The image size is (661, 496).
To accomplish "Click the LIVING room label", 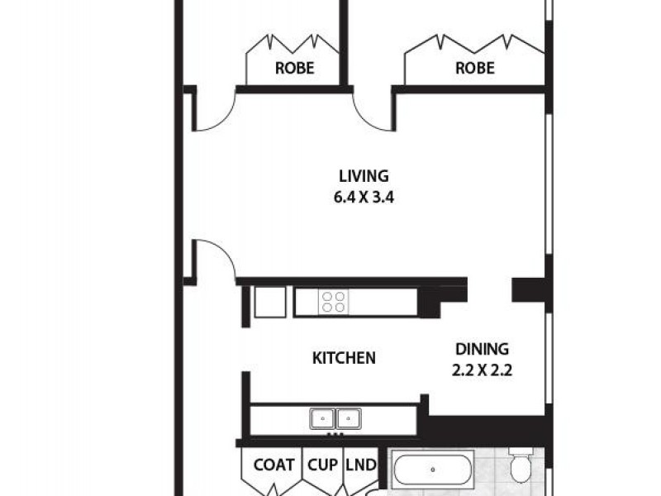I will pos(364,175).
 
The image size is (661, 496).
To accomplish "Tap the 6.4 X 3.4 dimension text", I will pos(364,198).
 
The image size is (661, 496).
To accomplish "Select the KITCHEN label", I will pos(344,358).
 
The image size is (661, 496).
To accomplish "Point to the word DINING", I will pos(481,349).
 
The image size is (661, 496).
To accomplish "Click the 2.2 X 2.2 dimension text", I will pos(483,371).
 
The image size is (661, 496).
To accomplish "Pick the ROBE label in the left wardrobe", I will pos(293,68).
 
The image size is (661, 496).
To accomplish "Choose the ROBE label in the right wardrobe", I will pos(474,68).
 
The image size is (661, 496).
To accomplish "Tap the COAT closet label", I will pos(273,465).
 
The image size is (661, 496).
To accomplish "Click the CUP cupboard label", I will pos(322,465).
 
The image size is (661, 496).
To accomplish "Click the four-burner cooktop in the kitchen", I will pos(333,302).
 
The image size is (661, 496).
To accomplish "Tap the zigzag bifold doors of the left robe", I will pos(292,43).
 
